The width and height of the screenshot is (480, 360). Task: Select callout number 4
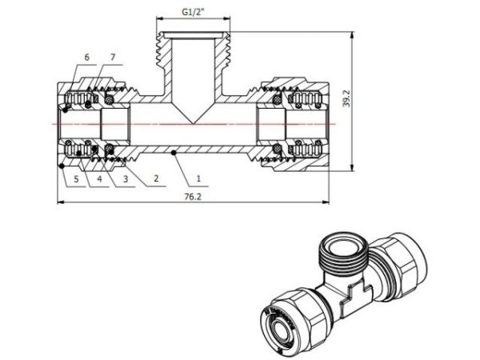(x=100, y=178)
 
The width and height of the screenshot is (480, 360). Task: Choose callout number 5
(x=77, y=178)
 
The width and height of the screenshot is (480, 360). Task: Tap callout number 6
(x=87, y=57)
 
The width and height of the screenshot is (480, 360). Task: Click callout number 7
(x=113, y=57)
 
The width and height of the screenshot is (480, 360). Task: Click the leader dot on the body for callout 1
(x=175, y=150)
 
